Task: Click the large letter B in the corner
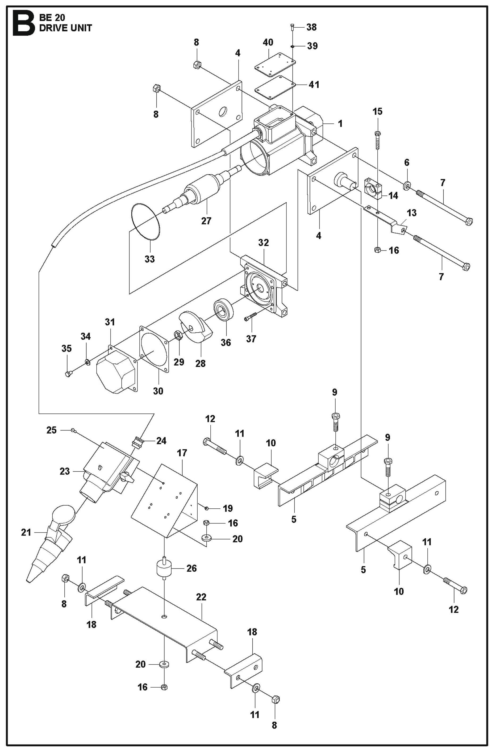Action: tap(23, 24)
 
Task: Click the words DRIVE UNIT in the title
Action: tap(65, 28)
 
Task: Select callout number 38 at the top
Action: tap(312, 27)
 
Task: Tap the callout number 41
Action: tap(314, 85)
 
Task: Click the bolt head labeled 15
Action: tap(377, 134)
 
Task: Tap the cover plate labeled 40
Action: tap(275, 62)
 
